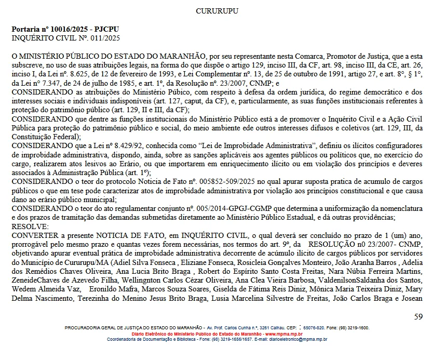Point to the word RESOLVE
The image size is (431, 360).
tap(30, 226)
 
